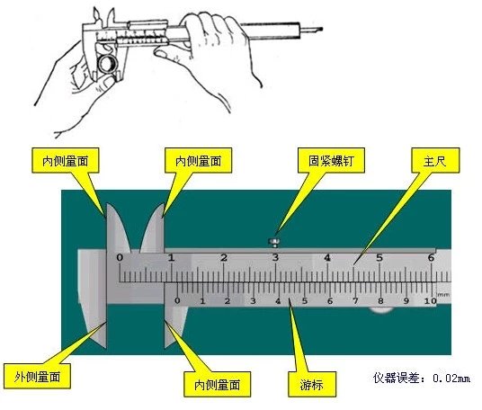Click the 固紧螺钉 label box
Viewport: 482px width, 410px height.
[x=326, y=162]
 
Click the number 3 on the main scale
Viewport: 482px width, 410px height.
[x=275, y=258]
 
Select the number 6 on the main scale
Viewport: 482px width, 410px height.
[x=430, y=258]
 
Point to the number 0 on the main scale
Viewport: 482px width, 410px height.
[x=120, y=258]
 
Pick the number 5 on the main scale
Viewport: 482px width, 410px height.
[x=379, y=258]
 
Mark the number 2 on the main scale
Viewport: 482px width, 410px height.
[x=224, y=258]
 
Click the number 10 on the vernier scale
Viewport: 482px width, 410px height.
[x=430, y=301]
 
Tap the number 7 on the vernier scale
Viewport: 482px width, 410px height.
[x=355, y=301]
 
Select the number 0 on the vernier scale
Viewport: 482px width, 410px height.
[x=177, y=301]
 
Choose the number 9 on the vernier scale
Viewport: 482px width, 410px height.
[x=406, y=301]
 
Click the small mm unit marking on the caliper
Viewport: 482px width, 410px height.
[x=442, y=293]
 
